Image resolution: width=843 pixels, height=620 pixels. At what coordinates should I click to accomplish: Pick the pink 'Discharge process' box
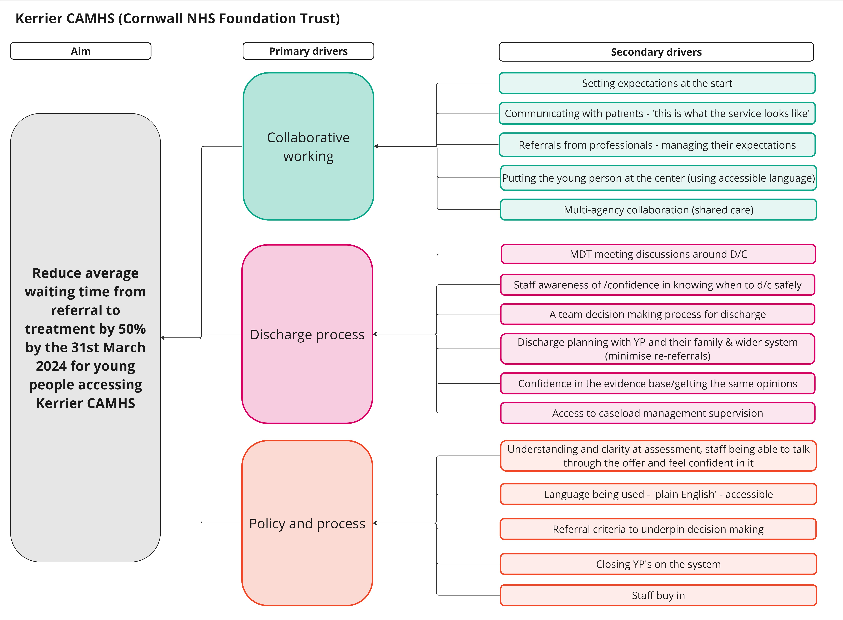307,334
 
